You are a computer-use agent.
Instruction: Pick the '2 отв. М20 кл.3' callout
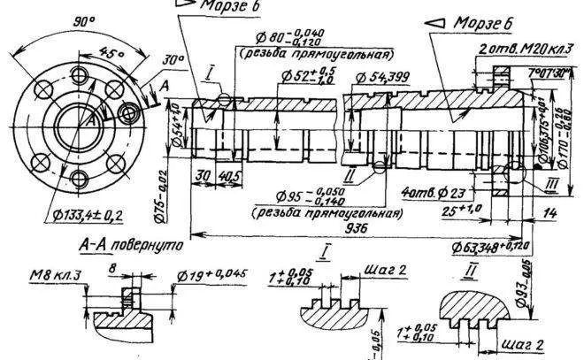(525, 45)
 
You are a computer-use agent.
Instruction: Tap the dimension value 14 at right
(550, 213)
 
